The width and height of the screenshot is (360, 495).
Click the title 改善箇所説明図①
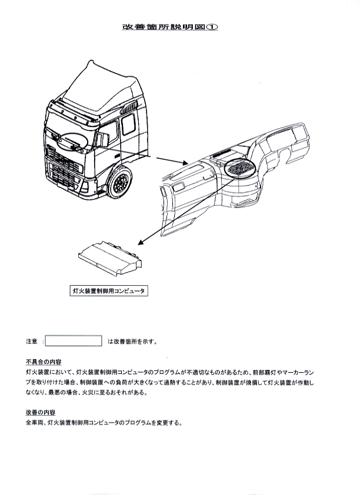[170, 27]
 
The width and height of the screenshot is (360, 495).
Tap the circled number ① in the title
[212, 27]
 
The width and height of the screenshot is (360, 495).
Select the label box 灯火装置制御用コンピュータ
[108, 291]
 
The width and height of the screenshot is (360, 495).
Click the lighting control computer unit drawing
[110, 258]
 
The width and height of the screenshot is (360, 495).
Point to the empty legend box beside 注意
[74, 341]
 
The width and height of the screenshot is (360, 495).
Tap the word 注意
[32, 341]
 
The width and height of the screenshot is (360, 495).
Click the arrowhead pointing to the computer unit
[141, 242]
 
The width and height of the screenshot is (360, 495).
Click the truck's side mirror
[104, 139]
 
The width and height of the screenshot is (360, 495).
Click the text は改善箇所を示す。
[132, 341]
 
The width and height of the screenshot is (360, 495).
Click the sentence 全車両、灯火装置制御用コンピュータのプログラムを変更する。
[104, 422]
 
